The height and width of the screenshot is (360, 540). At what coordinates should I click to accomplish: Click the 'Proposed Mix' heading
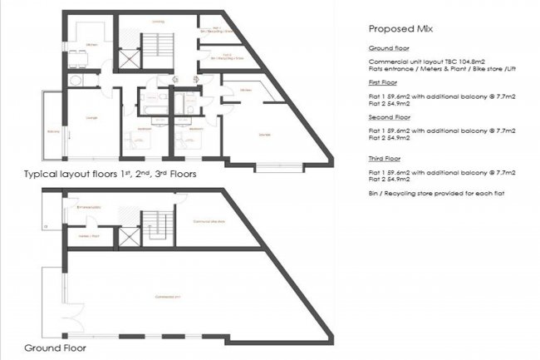pyautogui.click(x=399, y=28)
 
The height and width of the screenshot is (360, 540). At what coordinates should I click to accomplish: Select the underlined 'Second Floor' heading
pyautogui.click(x=386, y=117)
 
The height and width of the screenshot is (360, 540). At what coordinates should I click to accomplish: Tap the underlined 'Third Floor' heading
pyautogui.click(x=384, y=157)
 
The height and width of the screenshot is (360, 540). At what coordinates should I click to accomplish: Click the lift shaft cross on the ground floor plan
pyautogui.click(x=130, y=236)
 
